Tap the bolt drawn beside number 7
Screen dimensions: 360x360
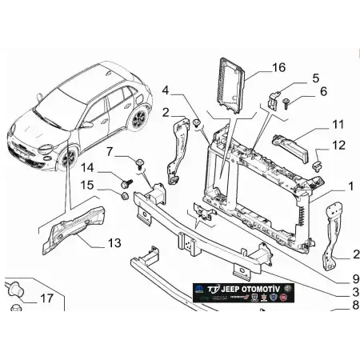coord(141,165)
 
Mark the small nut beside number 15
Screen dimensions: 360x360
coord(126,195)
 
